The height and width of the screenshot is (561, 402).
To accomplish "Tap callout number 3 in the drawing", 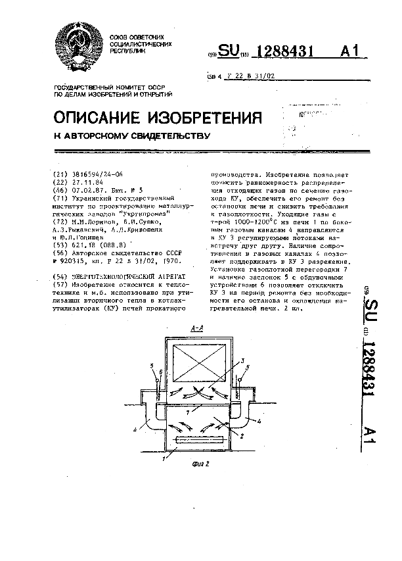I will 242,361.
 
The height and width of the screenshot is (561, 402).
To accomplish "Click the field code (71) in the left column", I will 58,197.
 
